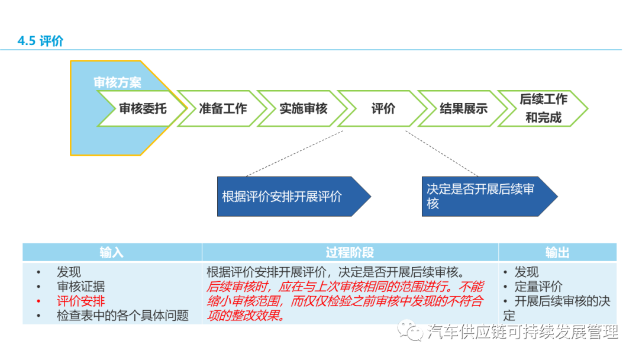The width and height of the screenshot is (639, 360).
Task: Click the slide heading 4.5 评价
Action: point(40,41)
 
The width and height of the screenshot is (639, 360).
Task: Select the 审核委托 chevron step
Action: point(143,109)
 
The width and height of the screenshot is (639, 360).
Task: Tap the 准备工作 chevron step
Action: point(222,109)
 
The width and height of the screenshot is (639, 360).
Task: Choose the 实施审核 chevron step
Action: point(303,109)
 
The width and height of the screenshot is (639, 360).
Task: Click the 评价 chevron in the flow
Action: point(383,109)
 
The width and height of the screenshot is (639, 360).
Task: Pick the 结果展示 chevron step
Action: point(463,109)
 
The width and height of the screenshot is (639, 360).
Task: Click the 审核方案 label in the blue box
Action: point(117,83)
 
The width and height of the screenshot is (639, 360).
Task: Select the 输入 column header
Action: point(112,253)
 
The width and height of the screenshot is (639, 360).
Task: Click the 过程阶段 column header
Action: point(350,253)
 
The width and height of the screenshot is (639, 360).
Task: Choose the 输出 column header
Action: point(557,253)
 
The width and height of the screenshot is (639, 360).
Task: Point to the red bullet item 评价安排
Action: point(80,301)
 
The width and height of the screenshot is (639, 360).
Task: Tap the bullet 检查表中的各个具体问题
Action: point(122,316)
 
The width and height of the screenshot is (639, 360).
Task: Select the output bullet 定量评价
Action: point(538,287)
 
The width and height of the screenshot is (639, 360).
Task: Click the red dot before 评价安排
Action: point(38,301)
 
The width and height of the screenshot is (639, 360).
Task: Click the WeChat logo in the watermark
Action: point(409,331)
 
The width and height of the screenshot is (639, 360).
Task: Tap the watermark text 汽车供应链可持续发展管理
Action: point(522,332)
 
